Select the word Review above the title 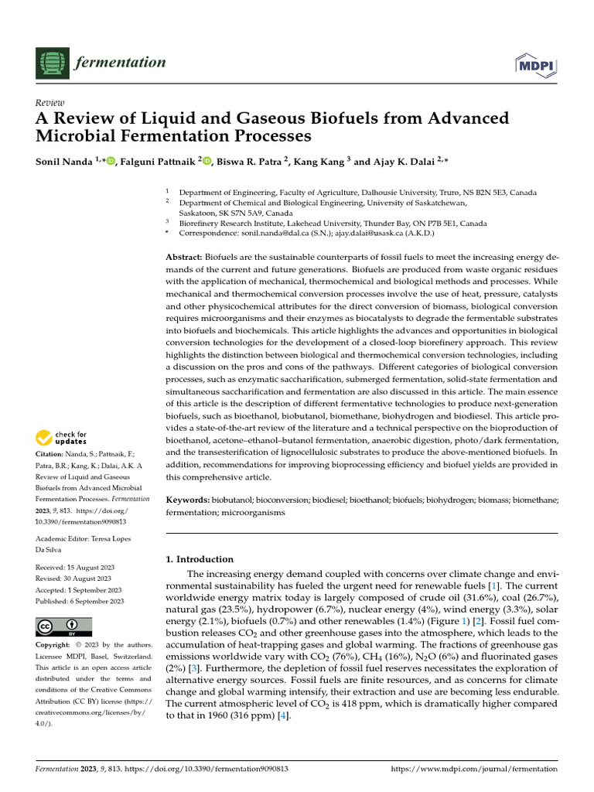(x=50, y=103)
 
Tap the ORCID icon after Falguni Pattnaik (x=207, y=161)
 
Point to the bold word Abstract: (x=184, y=256)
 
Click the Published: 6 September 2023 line (x=78, y=600)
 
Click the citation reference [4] (x=284, y=716)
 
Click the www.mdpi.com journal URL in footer (x=475, y=769)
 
